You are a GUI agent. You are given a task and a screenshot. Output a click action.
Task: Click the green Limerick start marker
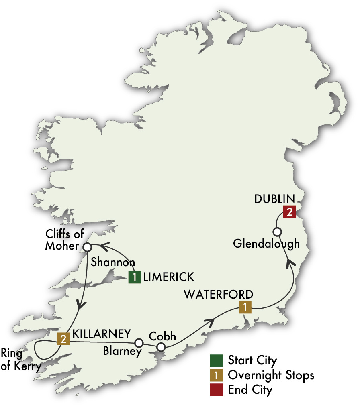click(135, 277)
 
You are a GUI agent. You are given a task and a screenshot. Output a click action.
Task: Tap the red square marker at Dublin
click(289, 212)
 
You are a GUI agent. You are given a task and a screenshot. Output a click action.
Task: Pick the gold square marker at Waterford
click(245, 307)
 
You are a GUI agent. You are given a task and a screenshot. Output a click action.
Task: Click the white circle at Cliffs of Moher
click(86, 246)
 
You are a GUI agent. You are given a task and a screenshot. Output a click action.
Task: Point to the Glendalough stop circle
click(277, 232)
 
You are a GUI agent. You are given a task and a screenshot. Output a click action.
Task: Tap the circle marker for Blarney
click(139, 343)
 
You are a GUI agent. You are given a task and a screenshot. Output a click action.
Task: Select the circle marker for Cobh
click(161, 347)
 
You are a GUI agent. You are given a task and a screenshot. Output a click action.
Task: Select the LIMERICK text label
click(168, 277)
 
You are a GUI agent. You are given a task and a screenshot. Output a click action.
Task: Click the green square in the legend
click(216, 360)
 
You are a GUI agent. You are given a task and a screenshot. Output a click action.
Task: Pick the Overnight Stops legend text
click(270, 375)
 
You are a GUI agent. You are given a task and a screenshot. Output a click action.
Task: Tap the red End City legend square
click(216, 389)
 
